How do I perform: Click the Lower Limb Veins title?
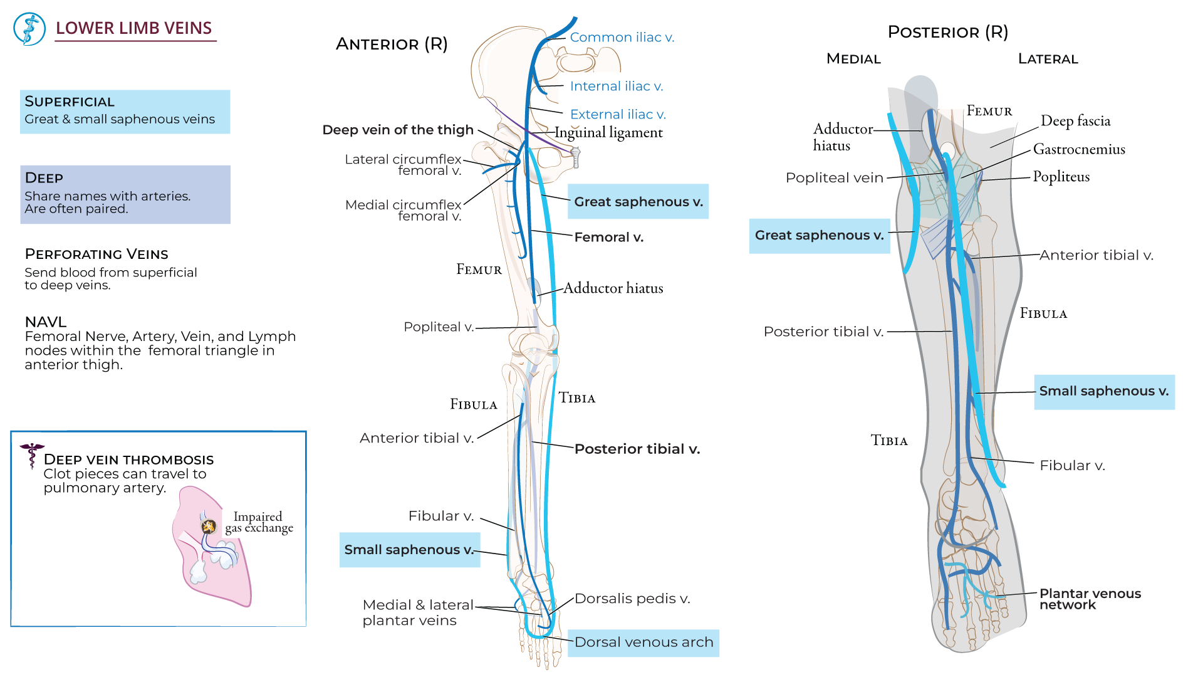tap(133, 28)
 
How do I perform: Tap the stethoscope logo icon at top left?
tap(29, 29)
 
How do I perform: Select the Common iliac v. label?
tap(622, 38)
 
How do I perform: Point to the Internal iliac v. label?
tap(616, 87)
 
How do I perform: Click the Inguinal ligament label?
tap(608, 133)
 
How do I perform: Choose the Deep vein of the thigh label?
tap(398, 130)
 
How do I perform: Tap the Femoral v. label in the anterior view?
tap(608, 238)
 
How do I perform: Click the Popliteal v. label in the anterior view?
tap(439, 327)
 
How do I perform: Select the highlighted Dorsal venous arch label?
tap(643, 643)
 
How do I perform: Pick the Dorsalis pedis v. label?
tap(632, 599)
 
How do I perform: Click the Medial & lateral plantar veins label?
tap(417, 612)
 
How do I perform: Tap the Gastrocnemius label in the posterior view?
tap(1079, 149)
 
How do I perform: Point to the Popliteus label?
tap(1061, 177)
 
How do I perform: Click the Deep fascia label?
tap(1075, 121)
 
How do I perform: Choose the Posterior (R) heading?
tap(947, 33)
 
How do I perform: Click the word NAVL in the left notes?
tap(46, 322)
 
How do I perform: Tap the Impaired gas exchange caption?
tap(258, 522)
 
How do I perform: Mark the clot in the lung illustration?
tap(209, 527)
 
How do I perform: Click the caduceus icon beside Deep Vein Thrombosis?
tap(31, 454)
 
